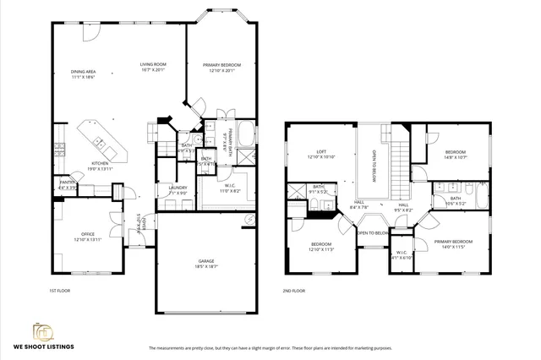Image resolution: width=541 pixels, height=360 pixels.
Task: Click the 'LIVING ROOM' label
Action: [x=152, y=64]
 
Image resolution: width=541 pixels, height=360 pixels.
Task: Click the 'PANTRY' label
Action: [x=67, y=182]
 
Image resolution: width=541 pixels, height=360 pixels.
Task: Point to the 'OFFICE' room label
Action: [x=88, y=234]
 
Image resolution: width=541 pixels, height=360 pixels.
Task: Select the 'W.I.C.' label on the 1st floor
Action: [x=228, y=186]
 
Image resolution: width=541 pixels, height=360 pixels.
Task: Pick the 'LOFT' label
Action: [x=309, y=152]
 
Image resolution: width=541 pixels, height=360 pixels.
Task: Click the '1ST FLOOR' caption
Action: [x=60, y=290]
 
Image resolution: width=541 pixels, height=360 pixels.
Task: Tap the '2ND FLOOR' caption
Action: [x=293, y=290]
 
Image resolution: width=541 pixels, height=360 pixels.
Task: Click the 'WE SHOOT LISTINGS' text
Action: [x=46, y=346]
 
